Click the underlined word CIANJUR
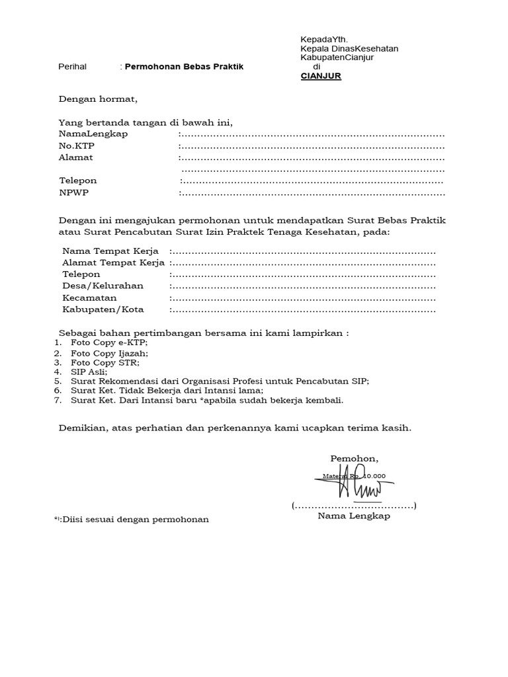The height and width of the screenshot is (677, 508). click(321, 75)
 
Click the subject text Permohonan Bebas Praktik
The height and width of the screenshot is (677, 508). click(184, 67)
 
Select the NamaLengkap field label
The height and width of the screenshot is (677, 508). click(93, 134)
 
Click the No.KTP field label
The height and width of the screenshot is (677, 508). click(77, 145)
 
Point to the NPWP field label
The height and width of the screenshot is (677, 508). click(73, 193)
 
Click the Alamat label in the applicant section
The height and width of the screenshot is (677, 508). click(76, 157)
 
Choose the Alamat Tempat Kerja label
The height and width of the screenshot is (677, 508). click(113, 262)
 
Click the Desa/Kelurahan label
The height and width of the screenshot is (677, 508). click(103, 286)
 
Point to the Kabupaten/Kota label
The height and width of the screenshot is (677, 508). click(103, 309)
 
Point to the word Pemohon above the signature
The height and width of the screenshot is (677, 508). click(355, 459)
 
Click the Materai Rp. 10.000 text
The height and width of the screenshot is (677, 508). click(353, 475)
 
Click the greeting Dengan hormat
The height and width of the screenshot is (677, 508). click(98, 100)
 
